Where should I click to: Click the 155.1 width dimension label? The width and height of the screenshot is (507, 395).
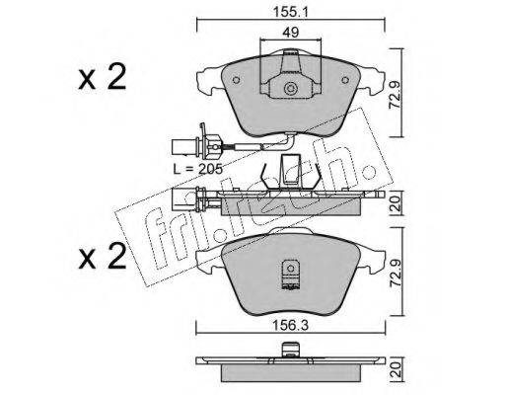[290, 13]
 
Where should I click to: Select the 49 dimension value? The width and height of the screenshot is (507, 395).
[291, 33]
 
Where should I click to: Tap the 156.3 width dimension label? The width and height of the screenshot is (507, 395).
[290, 326]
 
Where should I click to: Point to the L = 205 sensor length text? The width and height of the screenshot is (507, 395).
[198, 169]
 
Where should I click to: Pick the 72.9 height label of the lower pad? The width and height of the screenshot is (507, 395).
[394, 272]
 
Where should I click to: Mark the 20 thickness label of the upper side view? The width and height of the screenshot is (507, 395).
[396, 203]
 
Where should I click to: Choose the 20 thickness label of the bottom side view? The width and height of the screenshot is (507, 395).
[396, 369]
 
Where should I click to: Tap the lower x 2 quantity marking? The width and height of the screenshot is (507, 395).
[103, 256]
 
